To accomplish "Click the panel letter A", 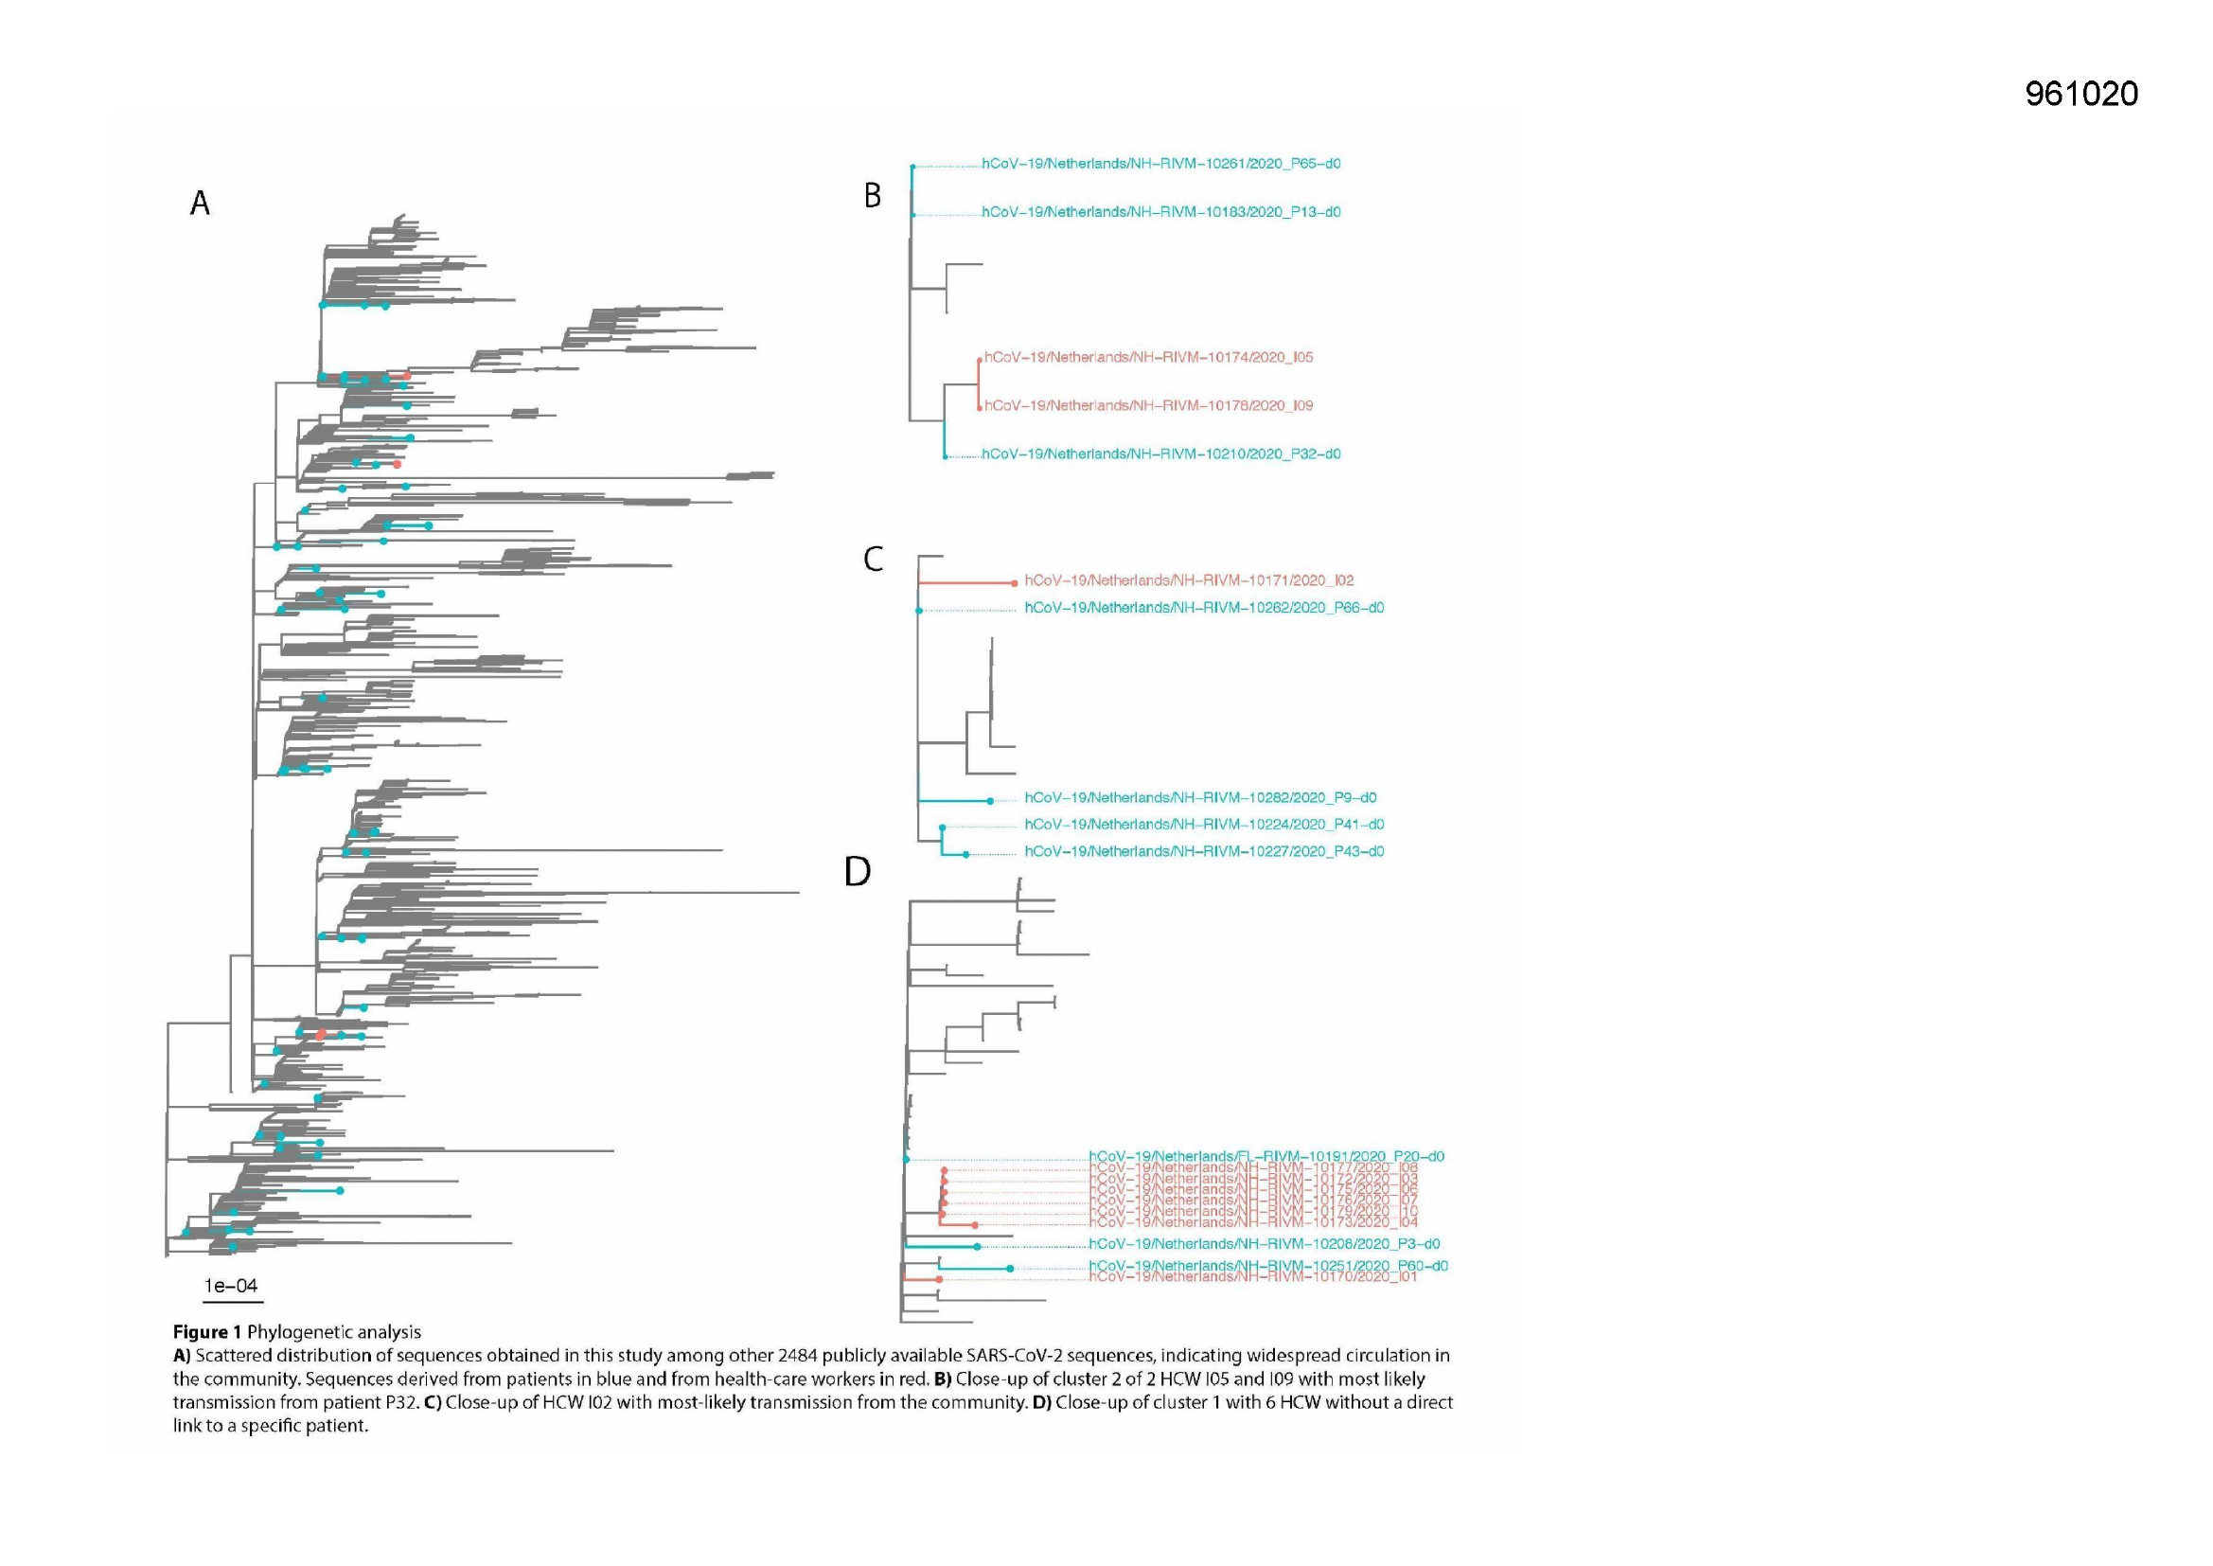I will (x=200, y=204).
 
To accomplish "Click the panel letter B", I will (x=873, y=196).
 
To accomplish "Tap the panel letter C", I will (x=874, y=560).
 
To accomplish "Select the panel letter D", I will (x=857, y=872).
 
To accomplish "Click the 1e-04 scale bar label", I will (x=231, y=1286).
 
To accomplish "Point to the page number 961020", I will (x=2080, y=94).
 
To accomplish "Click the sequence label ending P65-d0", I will (x=1160, y=164).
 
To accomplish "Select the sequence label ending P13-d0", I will (x=1160, y=212).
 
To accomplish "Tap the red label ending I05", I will (x=1148, y=358).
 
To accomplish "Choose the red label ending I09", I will (x=1148, y=406).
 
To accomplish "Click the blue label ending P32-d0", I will (x=1160, y=454).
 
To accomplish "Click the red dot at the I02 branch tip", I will (x=1014, y=583).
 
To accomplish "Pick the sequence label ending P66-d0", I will (x=1204, y=609).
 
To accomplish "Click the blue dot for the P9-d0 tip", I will (x=990, y=801).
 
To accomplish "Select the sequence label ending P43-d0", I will (x=1204, y=851).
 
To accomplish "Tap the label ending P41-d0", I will (x=1204, y=825).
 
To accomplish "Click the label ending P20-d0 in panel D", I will (x=1266, y=1156).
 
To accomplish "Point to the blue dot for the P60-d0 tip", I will (x=1009, y=1269).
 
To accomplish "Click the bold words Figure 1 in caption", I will (x=207, y=1332).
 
